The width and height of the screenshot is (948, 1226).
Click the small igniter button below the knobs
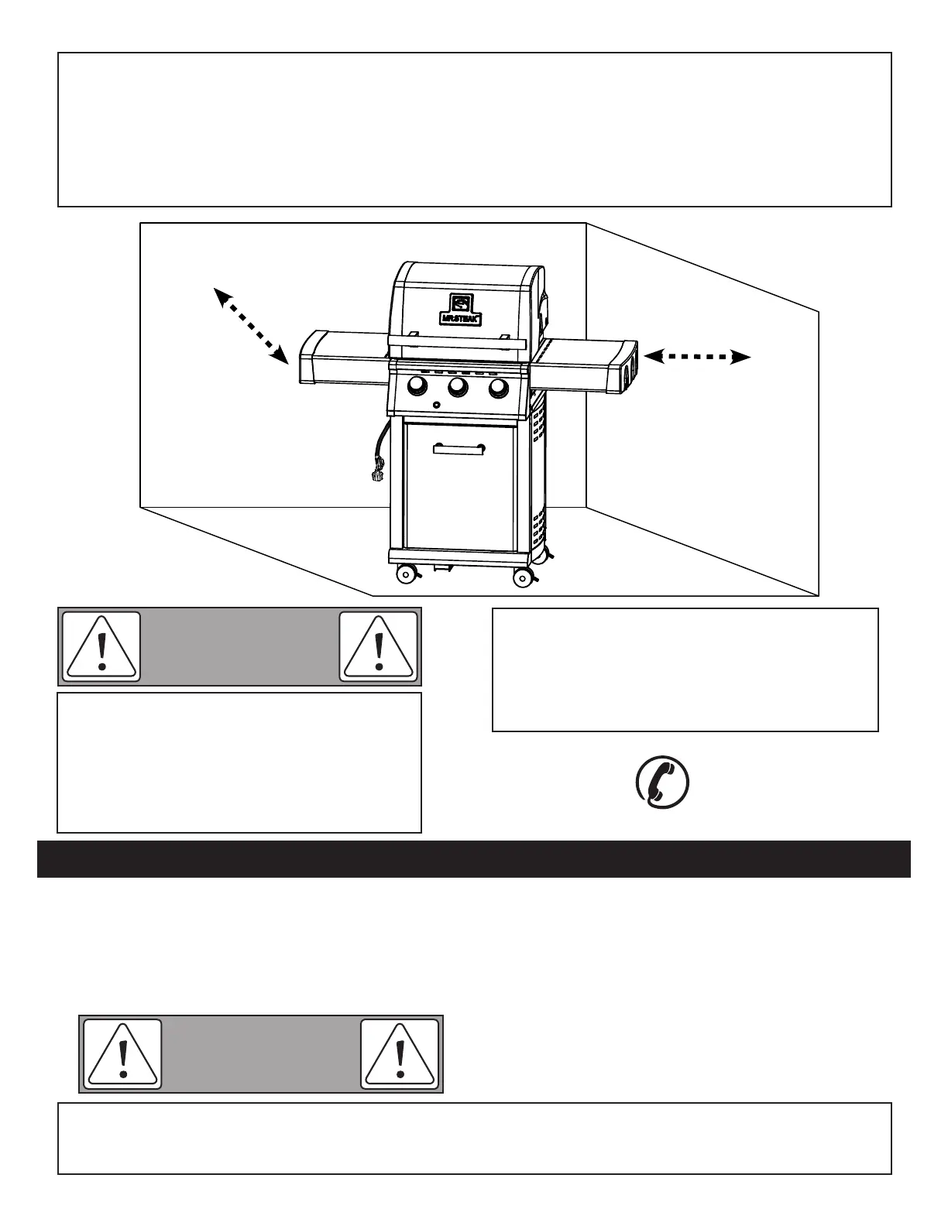coord(438,405)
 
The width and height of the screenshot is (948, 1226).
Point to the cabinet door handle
coord(459,448)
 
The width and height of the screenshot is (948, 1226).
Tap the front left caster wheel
coord(405,574)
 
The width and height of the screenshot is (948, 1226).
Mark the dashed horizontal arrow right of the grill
coord(697,357)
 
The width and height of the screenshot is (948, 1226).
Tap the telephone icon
coord(662,783)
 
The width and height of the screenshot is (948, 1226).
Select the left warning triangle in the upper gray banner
coord(101,647)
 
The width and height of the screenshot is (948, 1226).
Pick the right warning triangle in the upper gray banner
coord(379,647)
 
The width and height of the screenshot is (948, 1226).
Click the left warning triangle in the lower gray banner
coord(122,1054)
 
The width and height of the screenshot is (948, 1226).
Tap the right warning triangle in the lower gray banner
coord(400,1054)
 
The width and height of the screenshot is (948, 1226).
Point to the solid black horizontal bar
coord(473,859)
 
